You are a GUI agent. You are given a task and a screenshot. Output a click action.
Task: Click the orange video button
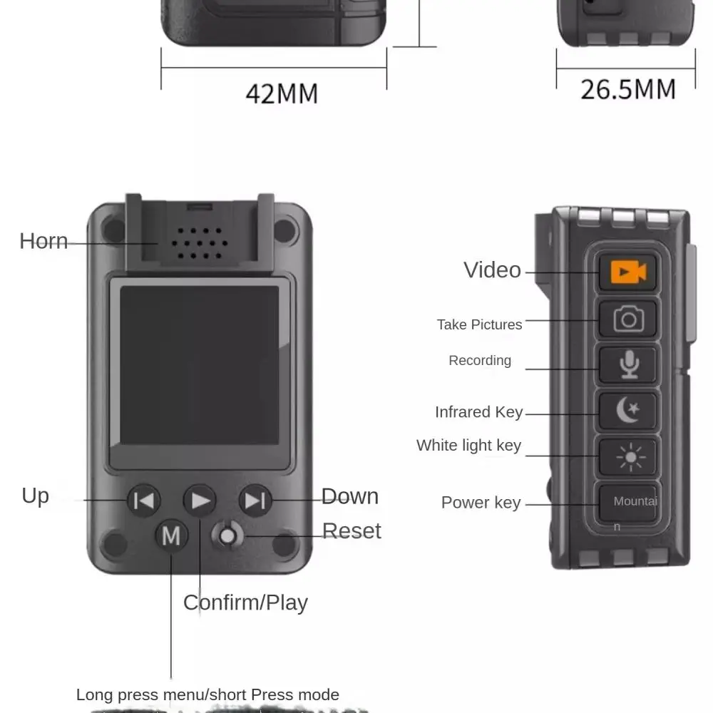[627, 272]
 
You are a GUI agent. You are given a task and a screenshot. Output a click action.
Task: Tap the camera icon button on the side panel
[627, 319]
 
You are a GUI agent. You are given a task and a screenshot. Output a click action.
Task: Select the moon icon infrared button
[627, 411]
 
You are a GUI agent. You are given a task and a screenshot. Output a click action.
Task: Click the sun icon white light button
[627, 456]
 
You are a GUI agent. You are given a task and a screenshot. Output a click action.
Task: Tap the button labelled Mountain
[628, 504]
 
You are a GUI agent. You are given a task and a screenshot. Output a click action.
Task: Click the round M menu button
[171, 535]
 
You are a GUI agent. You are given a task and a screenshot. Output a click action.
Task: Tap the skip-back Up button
[144, 501]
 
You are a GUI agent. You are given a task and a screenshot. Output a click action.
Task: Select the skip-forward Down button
[255, 501]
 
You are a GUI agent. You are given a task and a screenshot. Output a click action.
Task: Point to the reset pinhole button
[227, 535]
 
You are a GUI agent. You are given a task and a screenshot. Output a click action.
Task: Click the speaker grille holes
[199, 244]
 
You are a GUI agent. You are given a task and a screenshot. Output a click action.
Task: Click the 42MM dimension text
[282, 93]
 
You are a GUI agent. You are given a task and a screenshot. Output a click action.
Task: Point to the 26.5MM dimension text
[627, 89]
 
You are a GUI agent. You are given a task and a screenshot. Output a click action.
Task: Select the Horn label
[43, 241]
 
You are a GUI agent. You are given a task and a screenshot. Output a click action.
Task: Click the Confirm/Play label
[245, 602]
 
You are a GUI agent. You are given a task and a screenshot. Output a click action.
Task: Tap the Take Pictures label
[479, 324]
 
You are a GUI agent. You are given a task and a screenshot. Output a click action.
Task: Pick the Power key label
[481, 503]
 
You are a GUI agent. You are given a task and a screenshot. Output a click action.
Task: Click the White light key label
[468, 446]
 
